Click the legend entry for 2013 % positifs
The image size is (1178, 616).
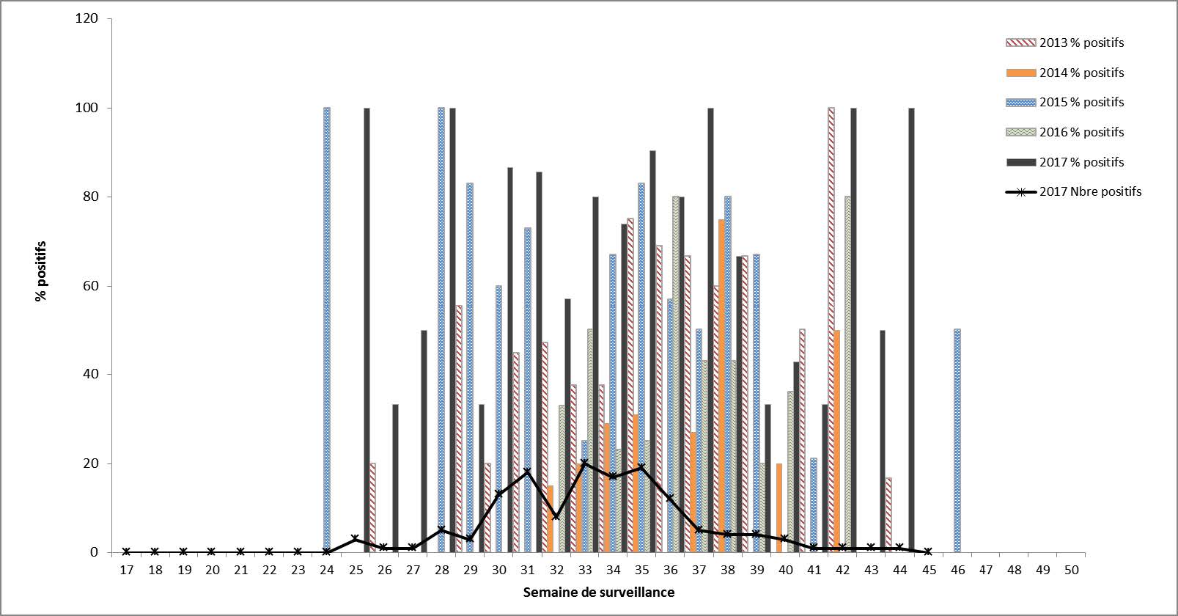[x=1081, y=43]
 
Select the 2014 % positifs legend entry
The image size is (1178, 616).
[x=1081, y=73]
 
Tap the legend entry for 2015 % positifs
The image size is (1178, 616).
[x=1081, y=102]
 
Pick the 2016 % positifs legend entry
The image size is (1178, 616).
[x=1081, y=132]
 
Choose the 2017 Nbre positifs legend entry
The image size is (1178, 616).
[x=1090, y=191]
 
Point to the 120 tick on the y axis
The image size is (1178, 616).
[x=86, y=18]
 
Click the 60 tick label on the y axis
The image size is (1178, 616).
[x=89, y=285]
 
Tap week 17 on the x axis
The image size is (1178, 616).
[x=126, y=570]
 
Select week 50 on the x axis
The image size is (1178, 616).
[x=1071, y=570]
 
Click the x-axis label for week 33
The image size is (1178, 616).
[x=584, y=570]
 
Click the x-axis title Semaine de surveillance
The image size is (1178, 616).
[x=598, y=592]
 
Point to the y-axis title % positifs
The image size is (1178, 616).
[x=40, y=271]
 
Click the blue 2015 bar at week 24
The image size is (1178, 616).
[x=327, y=330]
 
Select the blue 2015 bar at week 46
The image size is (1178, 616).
[x=957, y=440]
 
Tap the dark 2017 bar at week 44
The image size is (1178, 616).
[x=911, y=330]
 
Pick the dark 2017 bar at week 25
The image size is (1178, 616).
[x=367, y=330]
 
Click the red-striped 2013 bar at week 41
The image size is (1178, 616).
[x=803, y=440]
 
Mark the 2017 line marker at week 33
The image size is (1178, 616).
[x=584, y=463]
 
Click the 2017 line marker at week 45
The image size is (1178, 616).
[x=928, y=551]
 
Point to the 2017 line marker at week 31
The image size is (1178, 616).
[x=527, y=472]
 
